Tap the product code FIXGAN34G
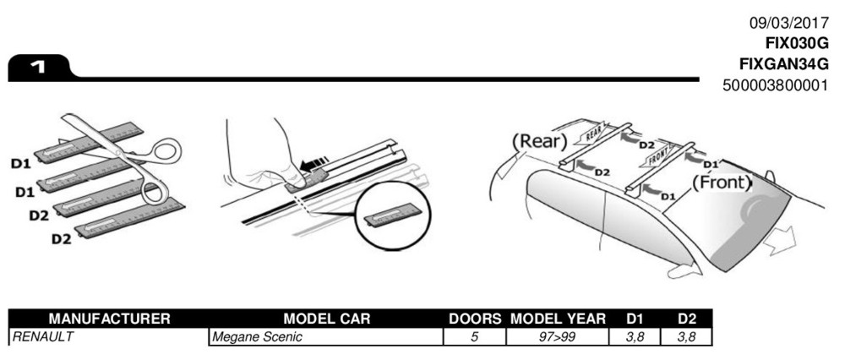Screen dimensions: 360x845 pyautogui.click(x=783, y=65)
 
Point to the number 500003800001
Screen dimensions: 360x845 pyautogui.click(x=775, y=85)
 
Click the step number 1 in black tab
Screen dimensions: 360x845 pyautogui.click(x=37, y=68)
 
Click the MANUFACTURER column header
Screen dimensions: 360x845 pyautogui.click(x=109, y=319)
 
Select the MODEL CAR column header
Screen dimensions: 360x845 pyautogui.click(x=325, y=319)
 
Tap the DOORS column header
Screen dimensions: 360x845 pyautogui.click(x=474, y=319)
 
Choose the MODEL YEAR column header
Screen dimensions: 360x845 pyautogui.click(x=558, y=319)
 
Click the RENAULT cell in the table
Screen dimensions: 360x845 pyautogui.click(x=42, y=337)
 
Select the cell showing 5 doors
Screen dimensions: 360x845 pyautogui.click(x=474, y=337)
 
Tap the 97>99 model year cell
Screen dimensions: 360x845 pyautogui.click(x=558, y=337)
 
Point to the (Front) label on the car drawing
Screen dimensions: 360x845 pyautogui.click(x=722, y=183)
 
